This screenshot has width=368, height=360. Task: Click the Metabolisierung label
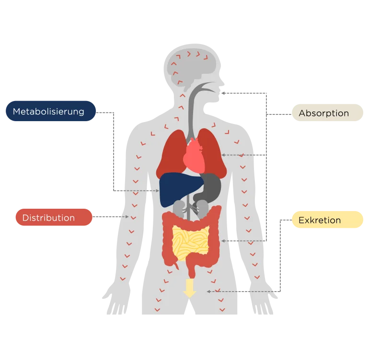click(49, 112)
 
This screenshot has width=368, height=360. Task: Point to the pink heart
click(195, 156)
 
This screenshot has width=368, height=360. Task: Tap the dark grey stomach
click(211, 187)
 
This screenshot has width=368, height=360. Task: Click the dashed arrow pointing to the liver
click(139, 191)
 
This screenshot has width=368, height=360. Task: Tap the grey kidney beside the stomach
click(203, 207)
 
